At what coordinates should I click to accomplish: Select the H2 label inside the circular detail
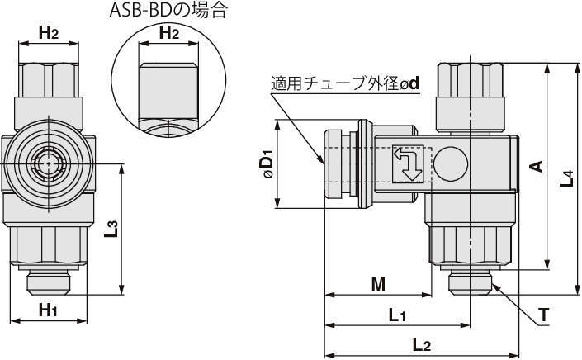point(168,33)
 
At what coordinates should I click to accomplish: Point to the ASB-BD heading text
point(168,11)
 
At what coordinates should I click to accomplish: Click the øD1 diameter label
point(267,164)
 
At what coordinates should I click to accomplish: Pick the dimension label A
point(536,166)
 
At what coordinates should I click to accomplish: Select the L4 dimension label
point(566,178)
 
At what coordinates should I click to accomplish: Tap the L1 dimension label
point(397,315)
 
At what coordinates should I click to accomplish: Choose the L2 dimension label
point(421,344)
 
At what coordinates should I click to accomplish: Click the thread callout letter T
point(544,315)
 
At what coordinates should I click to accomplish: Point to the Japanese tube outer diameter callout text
point(346,83)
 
